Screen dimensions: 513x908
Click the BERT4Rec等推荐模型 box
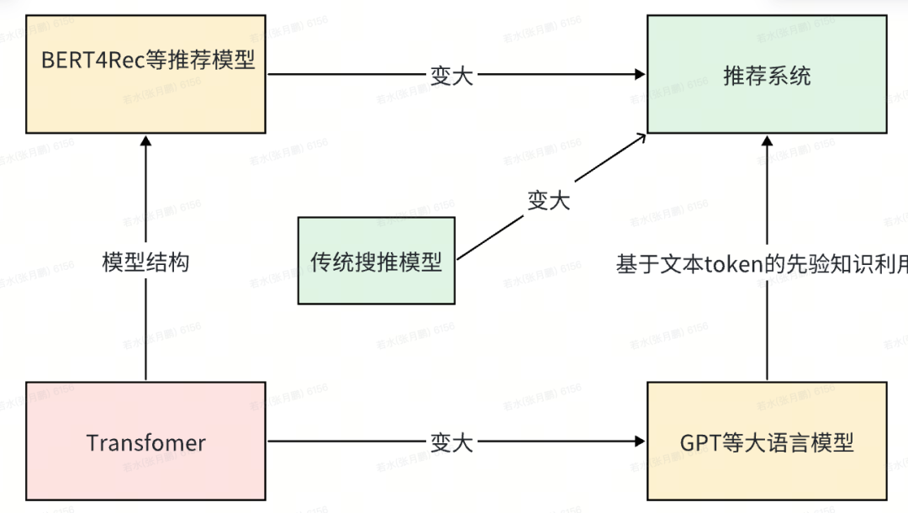point(146,73)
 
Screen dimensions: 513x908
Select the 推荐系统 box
point(767,73)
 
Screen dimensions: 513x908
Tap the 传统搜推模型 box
point(376,260)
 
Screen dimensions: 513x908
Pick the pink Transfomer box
point(146,441)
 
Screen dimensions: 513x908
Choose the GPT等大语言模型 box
point(767,441)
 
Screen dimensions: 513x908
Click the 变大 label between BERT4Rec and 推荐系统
point(452,75)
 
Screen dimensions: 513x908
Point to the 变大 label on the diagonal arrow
point(548,200)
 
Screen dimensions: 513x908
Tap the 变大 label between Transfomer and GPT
point(452,442)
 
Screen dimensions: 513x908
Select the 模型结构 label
point(146,262)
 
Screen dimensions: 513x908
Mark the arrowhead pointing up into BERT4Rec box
point(146,140)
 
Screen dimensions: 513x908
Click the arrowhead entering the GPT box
point(641,441)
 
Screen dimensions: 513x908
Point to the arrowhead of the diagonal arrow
point(641,136)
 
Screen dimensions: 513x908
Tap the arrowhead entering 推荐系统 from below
point(767,140)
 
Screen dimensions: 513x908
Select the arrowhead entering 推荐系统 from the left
point(641,74)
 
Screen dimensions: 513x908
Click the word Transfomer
point(146,442)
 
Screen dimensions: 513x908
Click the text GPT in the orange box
point(697,442)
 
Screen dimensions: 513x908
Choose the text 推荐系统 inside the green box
point(767,75)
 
